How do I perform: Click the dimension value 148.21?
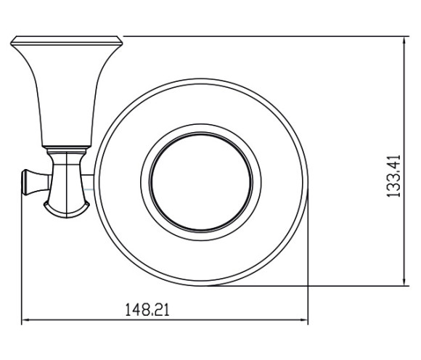click(147, 309)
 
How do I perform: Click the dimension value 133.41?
click(393, 176)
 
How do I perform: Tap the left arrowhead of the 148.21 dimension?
click(25, 320)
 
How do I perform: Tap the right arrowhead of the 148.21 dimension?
click(304, 320)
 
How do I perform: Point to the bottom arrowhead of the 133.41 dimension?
click(404, 282)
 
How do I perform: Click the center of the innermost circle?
click(201, 181)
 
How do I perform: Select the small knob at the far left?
click(36, 182)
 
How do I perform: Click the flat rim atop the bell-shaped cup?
click(66, 41)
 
